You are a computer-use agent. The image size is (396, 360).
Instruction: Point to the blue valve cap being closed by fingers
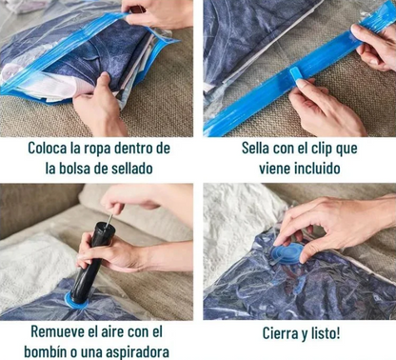[x=291, y=253]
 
